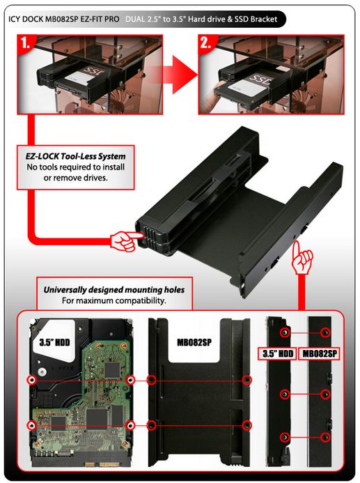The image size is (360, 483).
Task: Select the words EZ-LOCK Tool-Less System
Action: [75, 156]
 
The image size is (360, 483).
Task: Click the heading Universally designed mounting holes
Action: [114, 290]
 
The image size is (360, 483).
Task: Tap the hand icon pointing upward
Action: [302, 258]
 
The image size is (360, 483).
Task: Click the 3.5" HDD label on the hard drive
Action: [54, 342]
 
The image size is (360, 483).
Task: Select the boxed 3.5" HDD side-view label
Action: [278, 353]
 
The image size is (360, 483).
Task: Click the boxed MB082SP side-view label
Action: [320, 353]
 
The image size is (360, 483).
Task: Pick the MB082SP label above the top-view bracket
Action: [194, 342]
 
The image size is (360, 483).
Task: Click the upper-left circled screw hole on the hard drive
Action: [32, 380]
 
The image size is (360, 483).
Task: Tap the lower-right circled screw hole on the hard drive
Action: [130, 425]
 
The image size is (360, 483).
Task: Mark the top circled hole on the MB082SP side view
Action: [325, 332]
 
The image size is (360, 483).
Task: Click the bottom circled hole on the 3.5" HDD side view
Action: [285, 437]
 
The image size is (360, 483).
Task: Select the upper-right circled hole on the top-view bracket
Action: [246, 380]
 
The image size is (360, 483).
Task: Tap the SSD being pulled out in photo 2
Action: [243, 89]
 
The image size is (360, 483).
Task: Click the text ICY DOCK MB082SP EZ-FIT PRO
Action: [63, 19]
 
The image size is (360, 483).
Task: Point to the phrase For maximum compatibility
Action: [114, 300]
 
